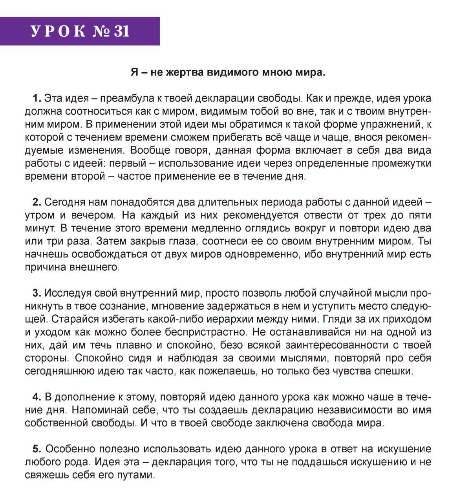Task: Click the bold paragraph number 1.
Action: pos(37,98)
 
